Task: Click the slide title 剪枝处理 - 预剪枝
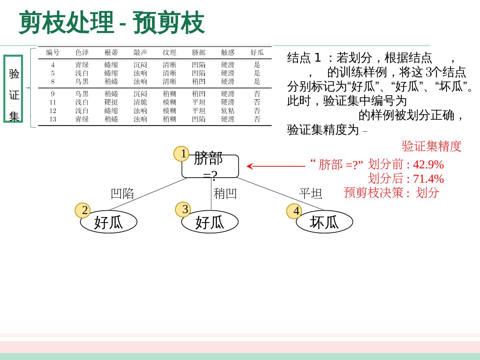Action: [112, 23]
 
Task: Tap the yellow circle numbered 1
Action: [181, 154]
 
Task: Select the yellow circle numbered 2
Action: [83, 210]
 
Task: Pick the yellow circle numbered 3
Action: [183, 209]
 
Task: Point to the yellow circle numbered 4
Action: [294, 211]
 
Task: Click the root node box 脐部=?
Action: [210, 166]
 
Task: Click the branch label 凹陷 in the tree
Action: [122, 193]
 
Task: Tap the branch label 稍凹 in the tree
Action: [225, 193]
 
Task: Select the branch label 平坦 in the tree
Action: [310, 193]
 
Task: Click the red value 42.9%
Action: [428, 165]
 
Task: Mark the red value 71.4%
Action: [428, 179]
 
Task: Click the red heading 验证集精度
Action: [431, 146]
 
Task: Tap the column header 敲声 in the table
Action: [140, 52]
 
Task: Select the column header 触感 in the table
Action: [228, 52]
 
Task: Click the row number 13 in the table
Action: [53, 119]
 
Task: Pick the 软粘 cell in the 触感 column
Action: [228, 111]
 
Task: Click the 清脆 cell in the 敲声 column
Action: [140, 102]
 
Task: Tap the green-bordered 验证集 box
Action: [13, 89]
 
